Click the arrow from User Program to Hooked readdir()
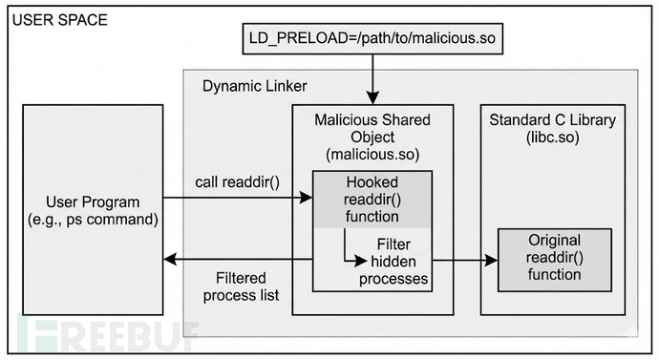coord(239,199)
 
